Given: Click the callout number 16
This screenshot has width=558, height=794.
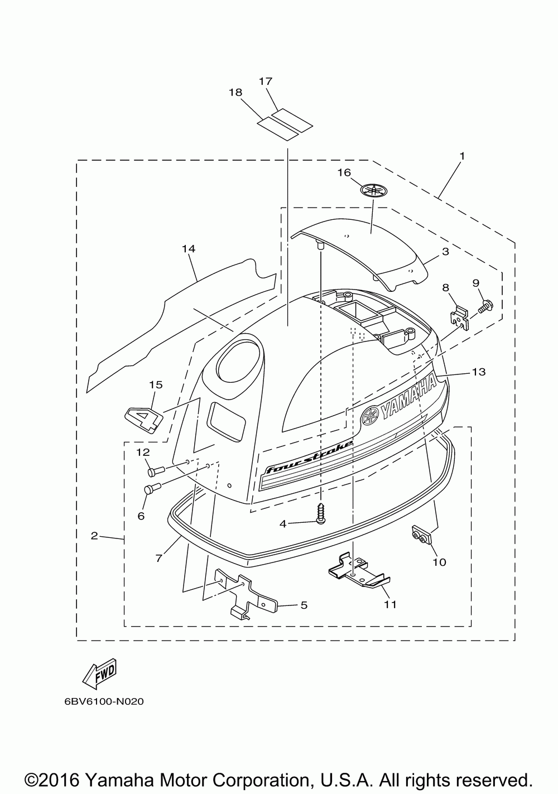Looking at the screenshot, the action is (344, 172).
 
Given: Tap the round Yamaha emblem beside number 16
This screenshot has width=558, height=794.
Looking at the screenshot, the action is (374, 190).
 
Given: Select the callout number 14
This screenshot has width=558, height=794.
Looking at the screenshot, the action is (189, 249).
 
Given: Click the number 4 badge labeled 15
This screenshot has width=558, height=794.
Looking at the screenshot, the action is (144, 420).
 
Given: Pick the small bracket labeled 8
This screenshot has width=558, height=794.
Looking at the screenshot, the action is (459, 317).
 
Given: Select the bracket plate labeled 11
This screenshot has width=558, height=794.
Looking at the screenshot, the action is (359, 574).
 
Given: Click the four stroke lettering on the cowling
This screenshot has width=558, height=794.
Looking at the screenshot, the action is (309, 457).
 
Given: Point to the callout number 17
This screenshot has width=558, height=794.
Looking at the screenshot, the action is (265, 81).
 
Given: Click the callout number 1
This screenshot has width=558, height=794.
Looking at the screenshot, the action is (462, 156).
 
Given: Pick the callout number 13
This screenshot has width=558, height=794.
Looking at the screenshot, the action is (479, 372).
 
